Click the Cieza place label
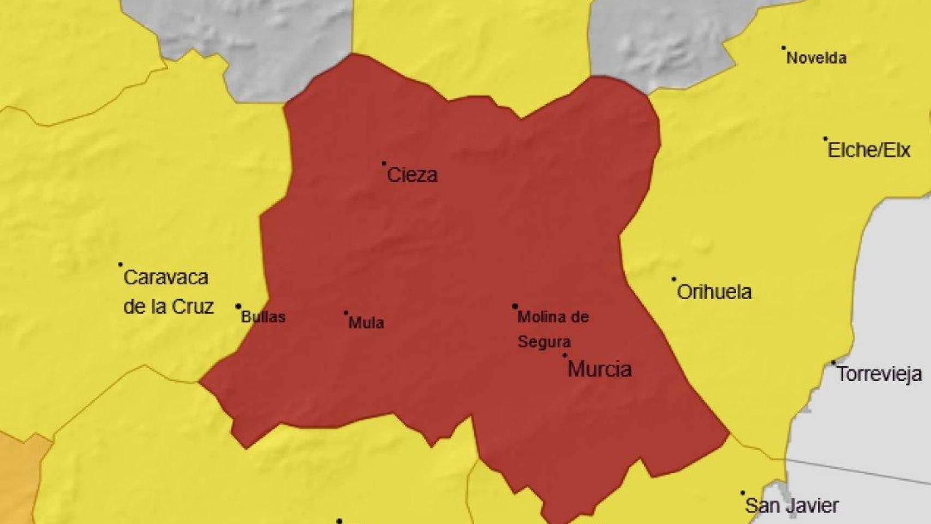click(412, 175)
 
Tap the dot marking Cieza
click(384, 163)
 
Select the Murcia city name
click(599, 370)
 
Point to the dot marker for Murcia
click(565, 355)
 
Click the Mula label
click(366, 323)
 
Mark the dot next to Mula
click(346, 313)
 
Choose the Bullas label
click(264, 317)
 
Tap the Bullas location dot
click(238, 306)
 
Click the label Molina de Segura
click(552, 329)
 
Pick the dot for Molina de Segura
click(515, 306)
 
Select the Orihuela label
click(714, 292)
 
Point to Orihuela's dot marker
click(674, 279)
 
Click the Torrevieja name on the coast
click(879, 374)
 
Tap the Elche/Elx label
click(869, 150)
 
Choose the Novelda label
click(816, 58)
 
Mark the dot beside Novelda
click(784, 47)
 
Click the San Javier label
click(791, 505)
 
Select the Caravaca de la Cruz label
click(168, 292)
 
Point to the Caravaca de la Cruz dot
click(121, 265)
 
